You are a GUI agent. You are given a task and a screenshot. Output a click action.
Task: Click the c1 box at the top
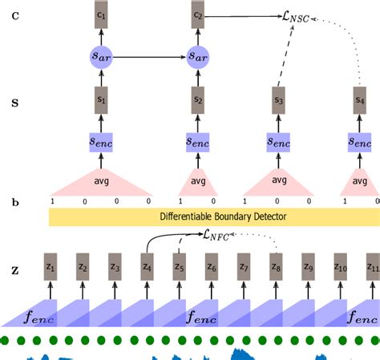100,15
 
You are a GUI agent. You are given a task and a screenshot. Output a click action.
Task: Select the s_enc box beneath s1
100,142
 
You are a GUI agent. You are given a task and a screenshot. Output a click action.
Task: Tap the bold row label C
14,15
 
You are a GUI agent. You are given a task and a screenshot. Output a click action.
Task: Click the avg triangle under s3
277,182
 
